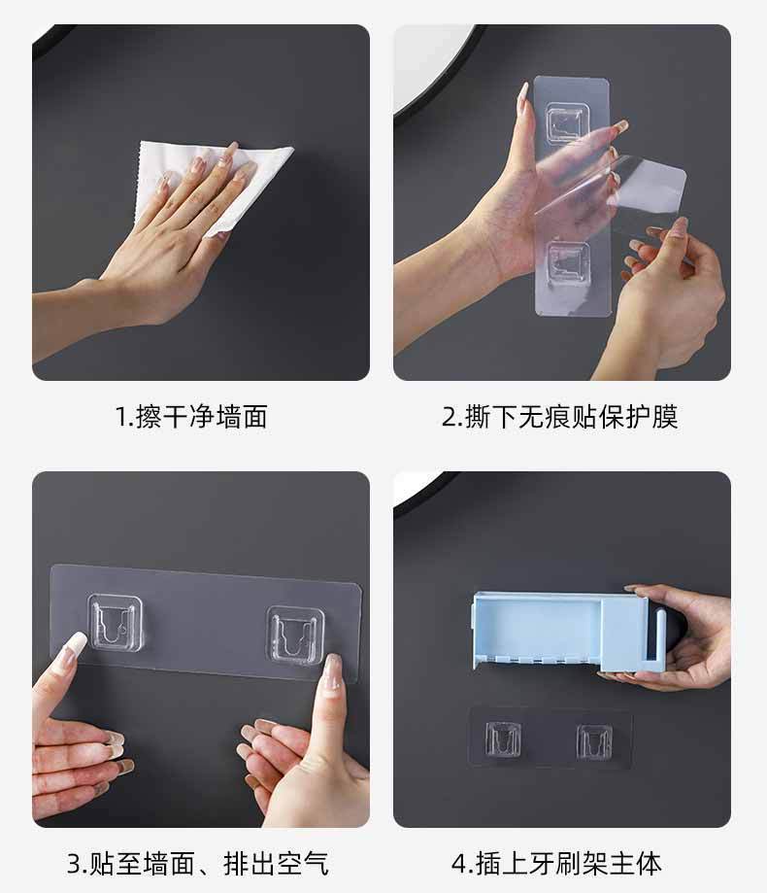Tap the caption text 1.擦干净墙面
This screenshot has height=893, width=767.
191,416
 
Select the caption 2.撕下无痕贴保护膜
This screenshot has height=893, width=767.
560,416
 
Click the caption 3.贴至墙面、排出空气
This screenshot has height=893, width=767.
197,864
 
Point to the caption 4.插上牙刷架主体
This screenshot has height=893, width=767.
557,864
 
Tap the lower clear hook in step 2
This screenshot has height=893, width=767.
567,262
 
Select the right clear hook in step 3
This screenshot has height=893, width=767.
295,635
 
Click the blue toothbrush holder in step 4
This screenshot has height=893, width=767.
568,631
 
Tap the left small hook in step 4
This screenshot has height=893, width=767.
503,739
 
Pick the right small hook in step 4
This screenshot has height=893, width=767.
594,741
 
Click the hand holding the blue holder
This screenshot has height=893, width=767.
683,637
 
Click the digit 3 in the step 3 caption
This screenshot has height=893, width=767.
74,865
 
